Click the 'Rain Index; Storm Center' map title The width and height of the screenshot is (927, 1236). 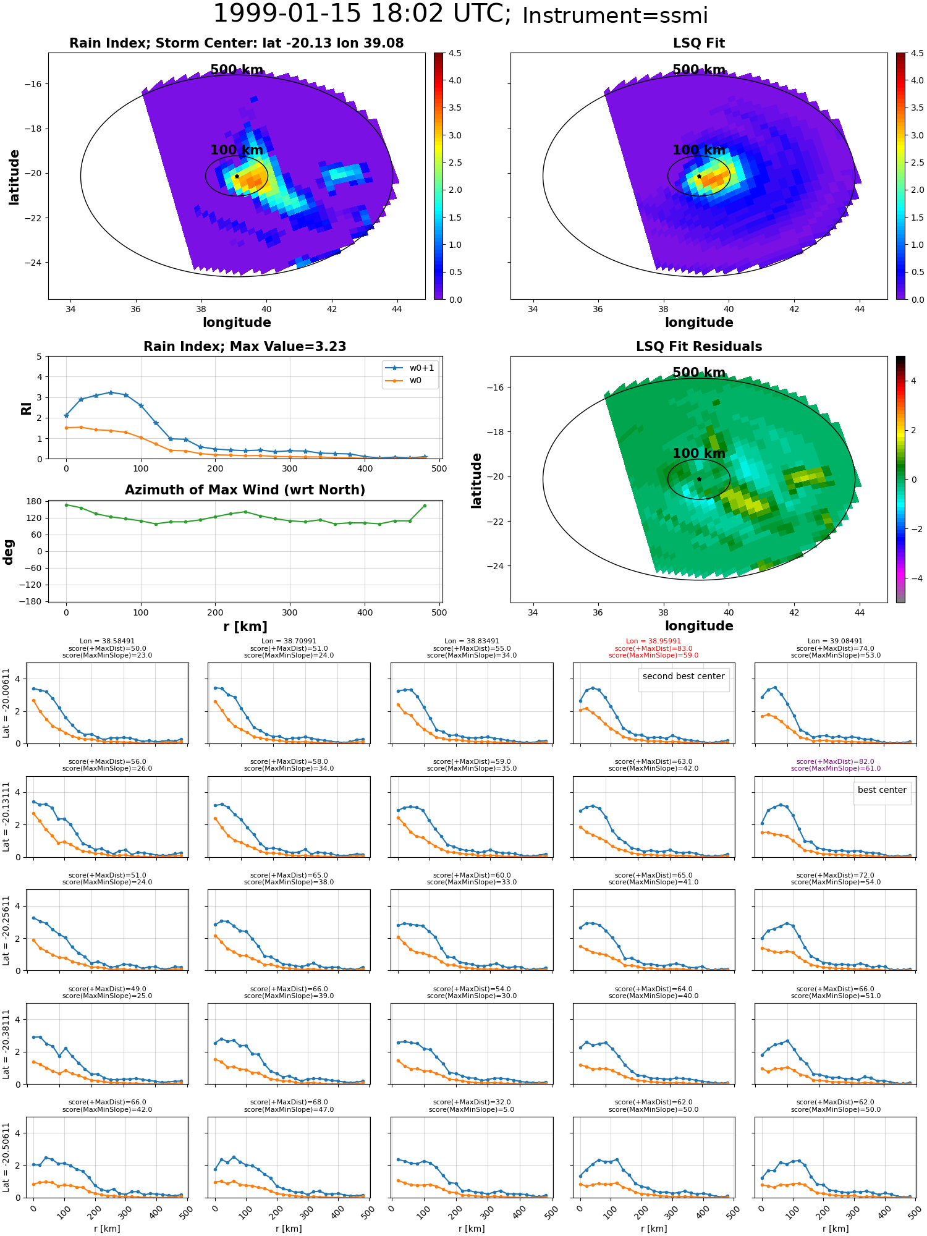[x=236, y=43]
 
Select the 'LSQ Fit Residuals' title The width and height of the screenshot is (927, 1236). [x=698, y=347]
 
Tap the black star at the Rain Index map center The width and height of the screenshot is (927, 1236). [x=237, y=176]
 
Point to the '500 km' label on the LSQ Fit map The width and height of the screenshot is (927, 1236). [x=698, y=70]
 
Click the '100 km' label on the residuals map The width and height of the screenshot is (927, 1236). [x=698, y=454]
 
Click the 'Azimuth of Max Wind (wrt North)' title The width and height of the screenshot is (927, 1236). [x=245, y=490]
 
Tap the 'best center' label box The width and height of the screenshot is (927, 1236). [x=881, y=790]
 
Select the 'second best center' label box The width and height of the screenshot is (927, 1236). [x=683, y=676]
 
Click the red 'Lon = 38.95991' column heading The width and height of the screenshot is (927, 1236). [x=653, y=641]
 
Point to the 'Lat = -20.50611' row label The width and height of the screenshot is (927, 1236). [x=6, y=1158]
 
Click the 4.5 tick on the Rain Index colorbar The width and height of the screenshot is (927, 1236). [x=455, y=53]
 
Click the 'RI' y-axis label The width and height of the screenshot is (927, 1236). [x=26, y=408]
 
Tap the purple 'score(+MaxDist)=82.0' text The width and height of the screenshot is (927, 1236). [x=835, y=761]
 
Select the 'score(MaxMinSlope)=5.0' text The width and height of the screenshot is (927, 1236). [x=472, y=1109]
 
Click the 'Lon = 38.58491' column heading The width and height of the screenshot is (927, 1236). [x=107, y=641]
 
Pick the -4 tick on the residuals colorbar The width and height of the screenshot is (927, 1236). [x=913, y=578]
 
